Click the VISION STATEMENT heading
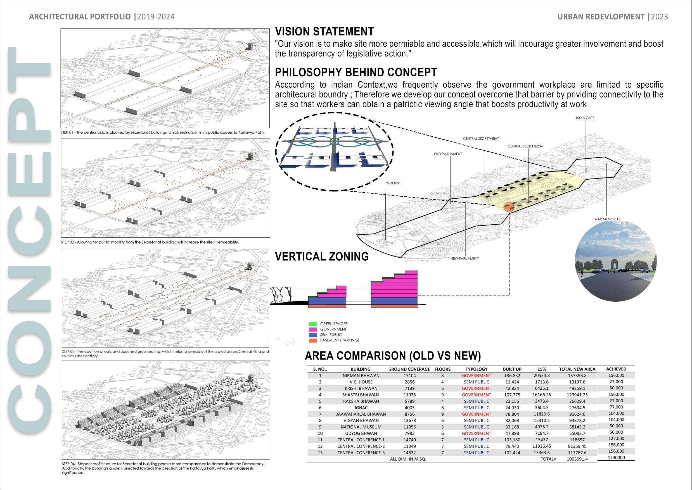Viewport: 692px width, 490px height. tap(324, 32)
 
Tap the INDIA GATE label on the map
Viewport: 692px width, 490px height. tap(585, 118)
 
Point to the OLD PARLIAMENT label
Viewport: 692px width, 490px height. tap(448, 154)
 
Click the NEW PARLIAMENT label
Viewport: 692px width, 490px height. tap(465, 259)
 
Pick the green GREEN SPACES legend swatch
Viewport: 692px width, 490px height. tap(313, 324)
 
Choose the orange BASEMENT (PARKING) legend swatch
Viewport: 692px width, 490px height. tap(313, 340)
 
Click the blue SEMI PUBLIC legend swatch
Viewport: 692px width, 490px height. tap(313, 335)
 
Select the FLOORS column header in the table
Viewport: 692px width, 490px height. tap(442, 369)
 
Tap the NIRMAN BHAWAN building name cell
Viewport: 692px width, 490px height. tap(361, 376)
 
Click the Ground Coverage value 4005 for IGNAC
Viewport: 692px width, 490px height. tap(409, 408)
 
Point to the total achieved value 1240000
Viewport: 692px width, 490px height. tap(616, 457)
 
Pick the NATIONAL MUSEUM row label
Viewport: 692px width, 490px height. tap(361, 427)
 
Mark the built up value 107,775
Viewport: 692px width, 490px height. tap(512, 395)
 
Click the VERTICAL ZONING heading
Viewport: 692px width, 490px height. tap(322, 257)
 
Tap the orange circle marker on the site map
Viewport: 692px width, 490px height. tap(509, 207)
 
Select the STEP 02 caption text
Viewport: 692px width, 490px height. tap(150, 242)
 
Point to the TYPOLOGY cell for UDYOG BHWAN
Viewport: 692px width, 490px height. tap(477, 433)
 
